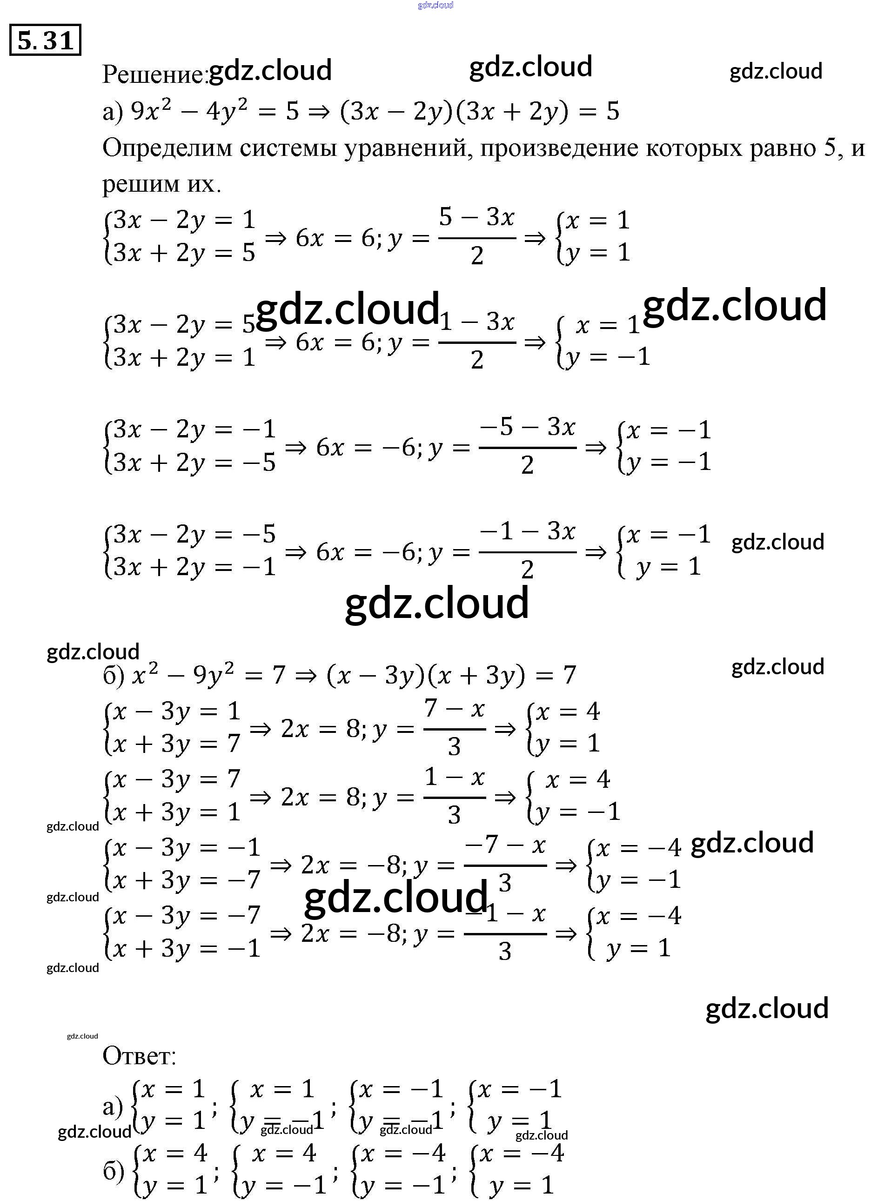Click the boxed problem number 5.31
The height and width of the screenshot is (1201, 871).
click(x=45, y=40)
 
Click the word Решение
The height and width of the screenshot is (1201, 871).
click(x=154, y=74)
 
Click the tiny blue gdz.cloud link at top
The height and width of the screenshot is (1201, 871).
click(x=435, y=5)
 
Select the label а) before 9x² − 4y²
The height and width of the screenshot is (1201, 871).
click(x=112, y=112)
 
